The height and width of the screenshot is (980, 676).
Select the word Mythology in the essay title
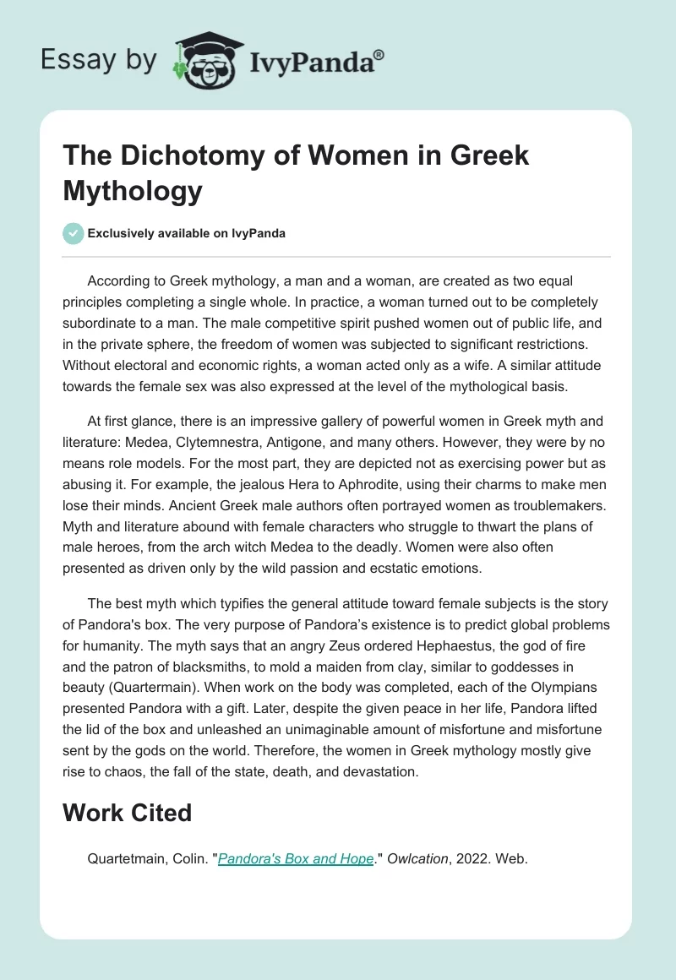pos(133,191)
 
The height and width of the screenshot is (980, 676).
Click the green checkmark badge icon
pos(73,233)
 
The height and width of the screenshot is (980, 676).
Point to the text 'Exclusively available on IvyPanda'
pos(186,233)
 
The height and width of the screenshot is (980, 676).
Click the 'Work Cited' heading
pos(127,814)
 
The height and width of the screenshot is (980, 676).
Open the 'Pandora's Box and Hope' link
pos(296,859)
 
